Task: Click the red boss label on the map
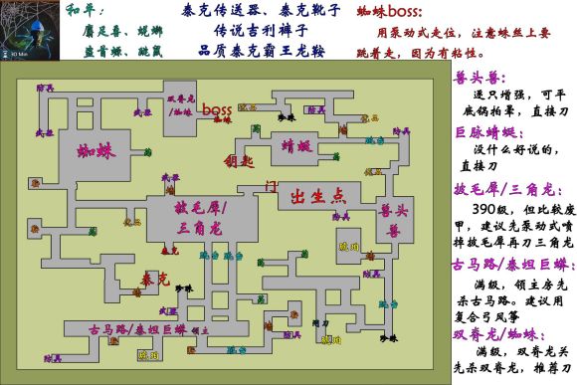pyautogui.click(x=216, y=109)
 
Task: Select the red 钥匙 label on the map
pyautogui.click(x=243, y=160)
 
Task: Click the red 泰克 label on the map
pyautogui.click(x=148, y=283)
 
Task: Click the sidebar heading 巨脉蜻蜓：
pyautogui.click(x=486, y=132)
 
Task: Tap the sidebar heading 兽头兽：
pyautogui.click(x=476, y=75)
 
